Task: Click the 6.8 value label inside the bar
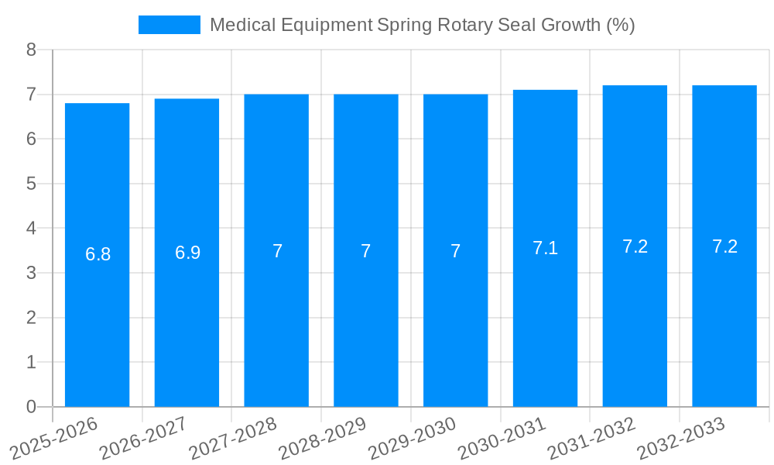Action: tap(98, 254)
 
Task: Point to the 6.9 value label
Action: tap(187, 253)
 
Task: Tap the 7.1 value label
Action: tap(545, 248)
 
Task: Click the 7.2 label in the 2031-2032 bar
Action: tap(635, 246)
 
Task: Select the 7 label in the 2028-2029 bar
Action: tap(366, 251)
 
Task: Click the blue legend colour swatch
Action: tap(169, 25)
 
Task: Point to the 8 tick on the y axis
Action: tap(31, 50)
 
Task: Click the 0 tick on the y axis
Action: tap(31, 407)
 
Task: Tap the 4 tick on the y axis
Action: tap(31, 229)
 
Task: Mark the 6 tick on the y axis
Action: tap(31, 139)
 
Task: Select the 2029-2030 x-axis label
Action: tap(413, 439)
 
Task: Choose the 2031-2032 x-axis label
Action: tap(592, 439)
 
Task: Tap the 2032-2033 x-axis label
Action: tap(681, 439)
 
